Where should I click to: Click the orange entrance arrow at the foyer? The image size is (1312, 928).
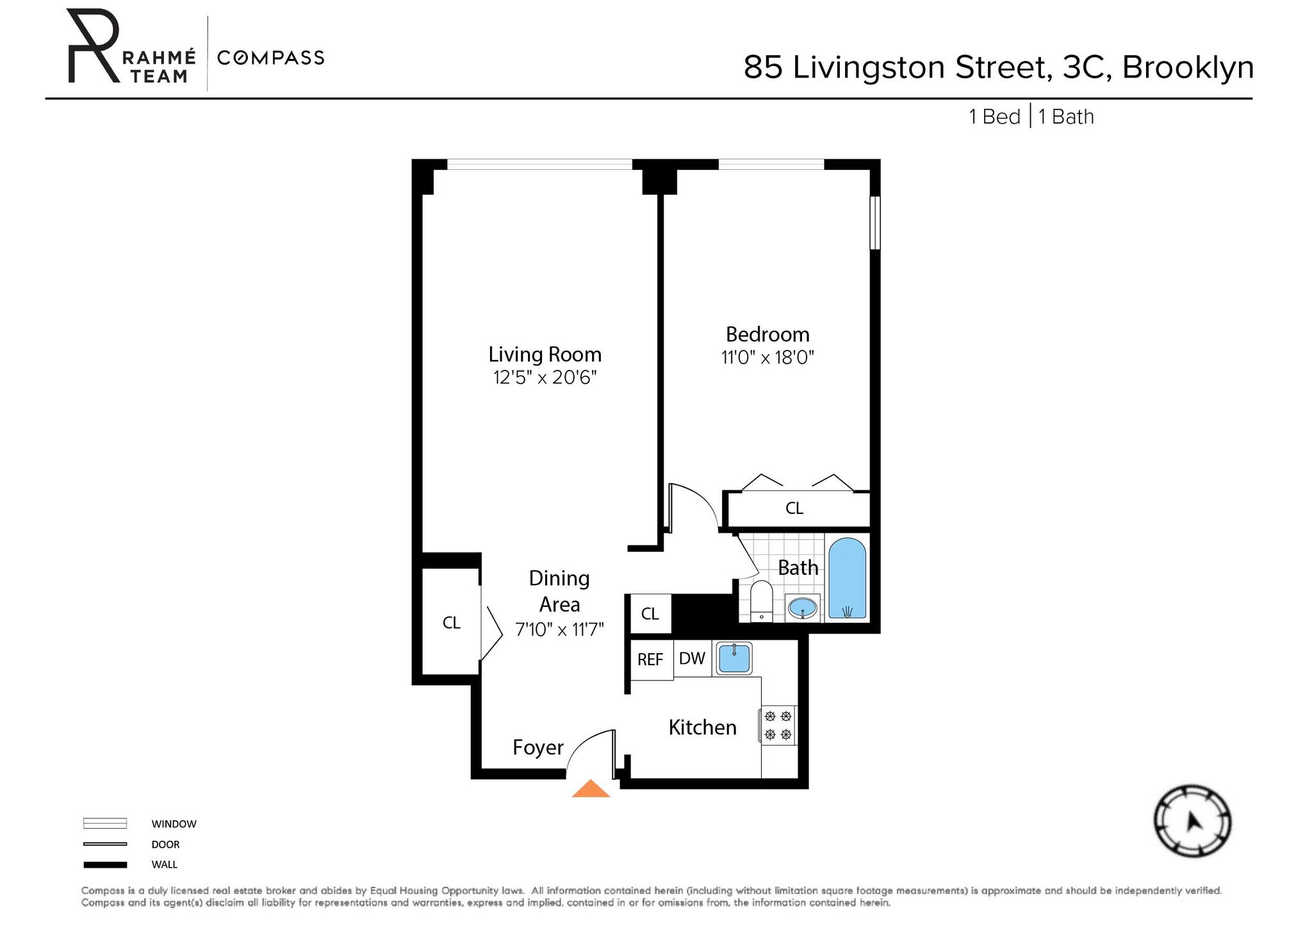click(x=591, y=790)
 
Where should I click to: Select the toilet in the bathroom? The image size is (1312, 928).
click(x=761, y=601)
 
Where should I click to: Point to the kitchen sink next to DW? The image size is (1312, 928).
click(x=734, y=658)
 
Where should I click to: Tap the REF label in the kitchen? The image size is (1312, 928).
click(x=650, y=659)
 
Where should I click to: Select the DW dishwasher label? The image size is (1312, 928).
click(x=692, y=658)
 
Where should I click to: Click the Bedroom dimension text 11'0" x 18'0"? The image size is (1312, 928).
click(x=767, y=358)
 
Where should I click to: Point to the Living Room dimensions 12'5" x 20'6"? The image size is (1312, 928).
click(x=545, y=377)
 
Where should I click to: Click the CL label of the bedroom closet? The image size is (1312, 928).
click(x=794, y=508)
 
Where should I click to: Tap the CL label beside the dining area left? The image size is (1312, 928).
click(x=452, y=622)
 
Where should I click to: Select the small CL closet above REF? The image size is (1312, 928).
click(x=650, y=614)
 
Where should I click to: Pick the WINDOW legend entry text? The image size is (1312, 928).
click(x=174, y=824)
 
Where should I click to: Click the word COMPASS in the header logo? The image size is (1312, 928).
click(x=271, y=58)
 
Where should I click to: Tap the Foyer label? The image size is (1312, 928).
click(x=538, y=747)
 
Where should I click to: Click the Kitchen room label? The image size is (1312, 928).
click(x=702, y=727)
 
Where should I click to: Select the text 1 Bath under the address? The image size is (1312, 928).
click(x=1066, y=117)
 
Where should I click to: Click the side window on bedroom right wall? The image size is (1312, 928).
click(x=874, y=222)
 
